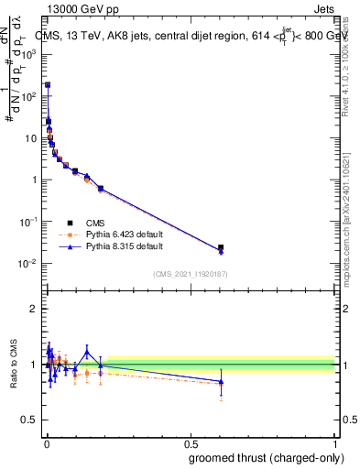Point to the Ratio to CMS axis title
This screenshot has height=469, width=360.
pos(15,364)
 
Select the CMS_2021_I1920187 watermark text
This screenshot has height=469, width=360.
pos(190,274)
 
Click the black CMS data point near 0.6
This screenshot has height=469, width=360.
pos(220,247)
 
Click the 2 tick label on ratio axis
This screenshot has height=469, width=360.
pos(34,309)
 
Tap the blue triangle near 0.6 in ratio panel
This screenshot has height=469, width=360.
pos(220,381)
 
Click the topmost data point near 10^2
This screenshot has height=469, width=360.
pos(48,84)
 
